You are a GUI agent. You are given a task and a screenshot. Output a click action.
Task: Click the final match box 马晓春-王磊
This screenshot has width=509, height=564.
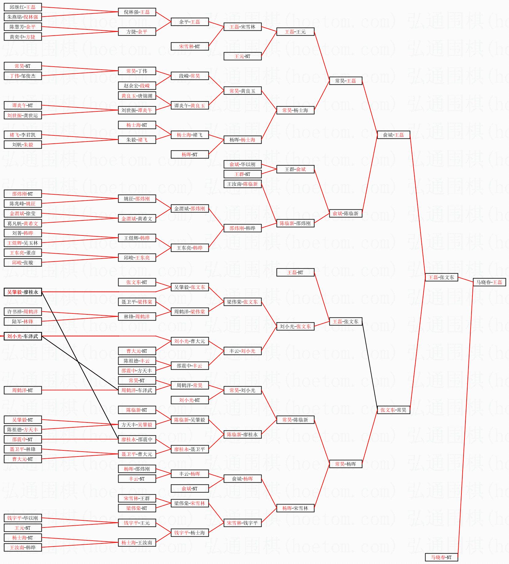(489, 282)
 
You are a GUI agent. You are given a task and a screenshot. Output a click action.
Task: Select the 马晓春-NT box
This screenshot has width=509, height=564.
(441, 557)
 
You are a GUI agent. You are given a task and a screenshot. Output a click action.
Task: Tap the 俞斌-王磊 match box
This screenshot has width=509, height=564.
(393, 135)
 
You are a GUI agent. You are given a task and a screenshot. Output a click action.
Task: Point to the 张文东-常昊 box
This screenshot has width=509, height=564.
(393, 410)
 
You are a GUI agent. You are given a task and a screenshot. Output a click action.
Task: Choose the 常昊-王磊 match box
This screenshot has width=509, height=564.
(345, 81)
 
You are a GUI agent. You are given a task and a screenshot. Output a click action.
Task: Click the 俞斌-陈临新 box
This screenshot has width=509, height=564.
(345, 213)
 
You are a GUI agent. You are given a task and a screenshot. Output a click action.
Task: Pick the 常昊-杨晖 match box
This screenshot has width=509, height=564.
(345, 464)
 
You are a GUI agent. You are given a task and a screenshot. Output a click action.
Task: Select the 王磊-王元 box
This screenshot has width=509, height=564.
(295, 32)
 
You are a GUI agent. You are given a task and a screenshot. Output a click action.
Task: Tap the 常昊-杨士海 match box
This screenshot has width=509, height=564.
(295, 110)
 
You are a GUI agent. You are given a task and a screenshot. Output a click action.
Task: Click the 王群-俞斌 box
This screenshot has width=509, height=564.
(295, 169)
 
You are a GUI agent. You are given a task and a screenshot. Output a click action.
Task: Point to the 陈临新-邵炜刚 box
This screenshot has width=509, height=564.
(295, 223)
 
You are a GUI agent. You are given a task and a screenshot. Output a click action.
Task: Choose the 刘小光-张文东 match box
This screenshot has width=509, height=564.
(295, 326)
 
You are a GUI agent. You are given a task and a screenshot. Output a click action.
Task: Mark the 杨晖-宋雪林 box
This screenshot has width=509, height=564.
(295, 508)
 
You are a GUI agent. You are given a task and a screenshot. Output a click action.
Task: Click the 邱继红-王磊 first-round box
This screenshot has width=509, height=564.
(23, 7)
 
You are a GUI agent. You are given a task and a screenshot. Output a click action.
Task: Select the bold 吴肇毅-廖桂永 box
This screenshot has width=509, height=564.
(23, 292)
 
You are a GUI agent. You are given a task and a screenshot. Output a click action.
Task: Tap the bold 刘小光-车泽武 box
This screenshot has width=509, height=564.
(23, 336)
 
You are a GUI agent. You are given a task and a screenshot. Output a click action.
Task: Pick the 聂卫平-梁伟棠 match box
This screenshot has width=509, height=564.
(137, 302)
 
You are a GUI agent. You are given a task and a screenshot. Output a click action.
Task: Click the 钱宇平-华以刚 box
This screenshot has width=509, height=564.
(23, 518)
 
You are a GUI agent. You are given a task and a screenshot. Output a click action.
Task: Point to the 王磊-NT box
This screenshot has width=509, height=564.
(295, 272)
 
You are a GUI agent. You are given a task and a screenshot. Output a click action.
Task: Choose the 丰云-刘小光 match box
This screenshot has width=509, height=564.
(242, 351)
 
